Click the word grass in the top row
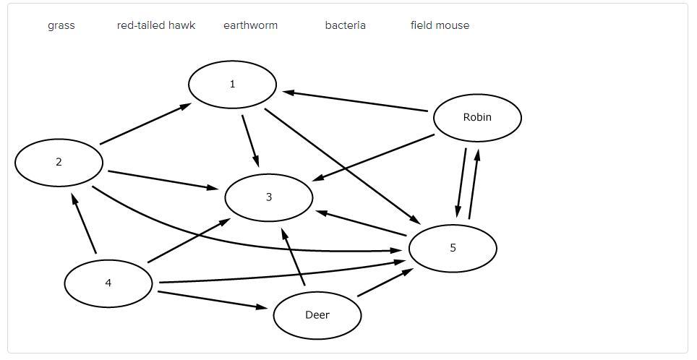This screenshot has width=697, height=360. click(61, 25)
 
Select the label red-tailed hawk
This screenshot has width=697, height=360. click(156, 25)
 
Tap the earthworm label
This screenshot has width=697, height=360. click(250, 25)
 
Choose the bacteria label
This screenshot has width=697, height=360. click(345, 25)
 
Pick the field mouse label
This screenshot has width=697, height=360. click(440, 25)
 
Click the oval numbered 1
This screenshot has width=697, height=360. click(232, 85)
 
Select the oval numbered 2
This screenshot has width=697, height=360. click(59, 162)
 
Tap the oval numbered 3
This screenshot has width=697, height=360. click(269, 197)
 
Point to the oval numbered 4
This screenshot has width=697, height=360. click(108, 283)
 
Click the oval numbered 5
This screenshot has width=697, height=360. click(453, 248)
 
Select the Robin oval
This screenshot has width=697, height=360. click(477, 117)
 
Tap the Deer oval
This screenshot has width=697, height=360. click(317, 315)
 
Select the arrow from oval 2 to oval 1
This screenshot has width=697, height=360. click(145, 124)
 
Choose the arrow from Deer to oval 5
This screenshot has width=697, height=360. click(385, 283)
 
